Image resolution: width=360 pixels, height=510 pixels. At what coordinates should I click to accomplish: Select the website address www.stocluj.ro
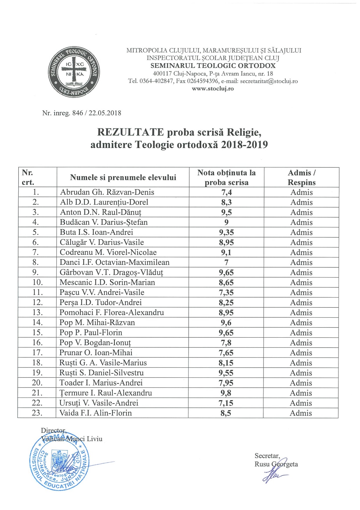coord(213,89)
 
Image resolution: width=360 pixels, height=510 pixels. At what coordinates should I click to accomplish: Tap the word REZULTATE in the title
coord(130,132)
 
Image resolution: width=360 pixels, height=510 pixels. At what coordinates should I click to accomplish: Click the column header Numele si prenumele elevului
coord(123,178)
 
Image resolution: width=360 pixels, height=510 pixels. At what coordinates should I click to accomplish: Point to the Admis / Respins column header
coord(301,178)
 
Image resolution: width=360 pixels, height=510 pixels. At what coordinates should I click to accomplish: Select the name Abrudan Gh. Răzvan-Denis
coord(107,192)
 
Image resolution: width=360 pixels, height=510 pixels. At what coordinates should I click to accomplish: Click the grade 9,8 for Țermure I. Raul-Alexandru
coord(226,393)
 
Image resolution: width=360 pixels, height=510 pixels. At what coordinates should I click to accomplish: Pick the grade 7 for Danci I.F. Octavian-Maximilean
coord(226,262)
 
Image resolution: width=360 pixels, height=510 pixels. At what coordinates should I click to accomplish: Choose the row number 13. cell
coord(37,312)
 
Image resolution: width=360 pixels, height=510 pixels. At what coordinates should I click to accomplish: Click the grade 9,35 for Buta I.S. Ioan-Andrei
coord(226,232)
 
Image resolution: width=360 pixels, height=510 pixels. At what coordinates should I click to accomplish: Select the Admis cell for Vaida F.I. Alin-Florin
coord(301,413)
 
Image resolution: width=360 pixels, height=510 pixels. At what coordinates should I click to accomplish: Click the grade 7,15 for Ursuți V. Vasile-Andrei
coord(226,403)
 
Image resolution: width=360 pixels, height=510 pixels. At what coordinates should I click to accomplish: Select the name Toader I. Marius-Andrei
coord(101,383)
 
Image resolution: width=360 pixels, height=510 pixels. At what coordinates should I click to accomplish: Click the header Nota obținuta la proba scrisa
coord(226,178)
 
